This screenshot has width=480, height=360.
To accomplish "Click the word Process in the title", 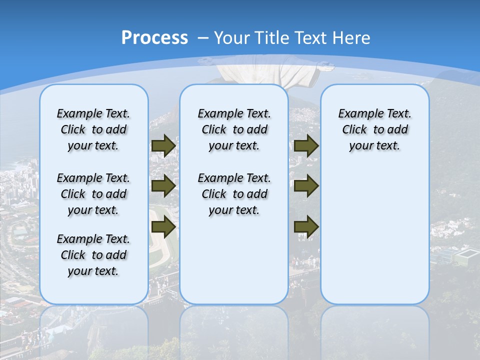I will [154, 38].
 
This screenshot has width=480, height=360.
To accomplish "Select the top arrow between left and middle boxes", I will [163, 145].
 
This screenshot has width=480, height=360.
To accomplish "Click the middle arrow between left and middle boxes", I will [163, 186].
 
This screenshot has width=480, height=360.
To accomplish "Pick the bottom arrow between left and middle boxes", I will [163, 227].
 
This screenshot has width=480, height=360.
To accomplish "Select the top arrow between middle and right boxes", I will [306, 145].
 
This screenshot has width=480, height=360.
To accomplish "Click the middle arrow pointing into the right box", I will [306, 186].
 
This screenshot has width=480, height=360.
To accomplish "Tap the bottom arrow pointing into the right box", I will [306, 227].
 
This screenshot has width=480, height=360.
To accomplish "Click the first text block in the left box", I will [93, 129].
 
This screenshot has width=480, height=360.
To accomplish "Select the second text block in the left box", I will [93, 194].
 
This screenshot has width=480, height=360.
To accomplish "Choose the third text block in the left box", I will [93, 255].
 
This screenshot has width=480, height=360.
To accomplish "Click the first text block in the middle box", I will [234, 129].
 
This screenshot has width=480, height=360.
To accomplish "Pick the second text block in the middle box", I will [234, 194].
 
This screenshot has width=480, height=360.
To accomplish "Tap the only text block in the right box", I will [374, 129].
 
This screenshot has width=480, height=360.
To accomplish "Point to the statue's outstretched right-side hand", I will [327, 65].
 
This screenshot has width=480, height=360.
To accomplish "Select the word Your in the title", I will [233, 38].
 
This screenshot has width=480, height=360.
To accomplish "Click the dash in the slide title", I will [203, 38].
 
